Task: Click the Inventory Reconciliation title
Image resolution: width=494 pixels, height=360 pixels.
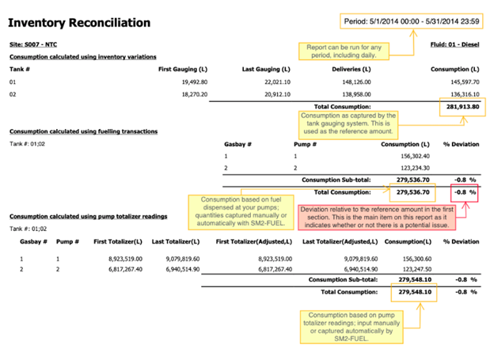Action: click(x=80, y=22)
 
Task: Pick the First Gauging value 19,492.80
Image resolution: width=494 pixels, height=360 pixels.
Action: click(x=189, y=81)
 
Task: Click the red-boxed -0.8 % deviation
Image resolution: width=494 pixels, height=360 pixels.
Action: click(x=464, y=191)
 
